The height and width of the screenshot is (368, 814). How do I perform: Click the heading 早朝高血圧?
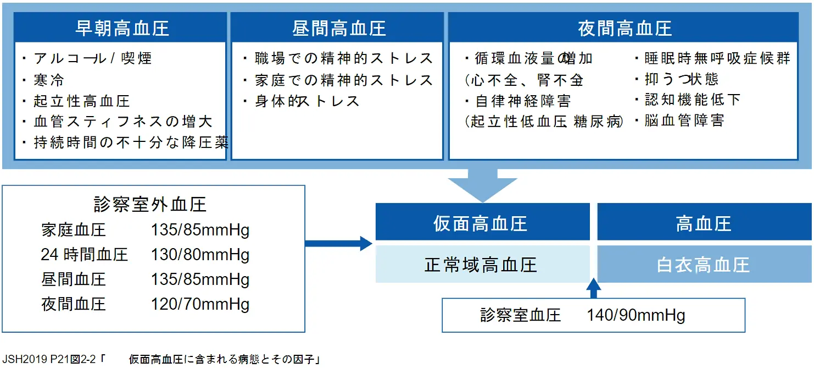click(121, 28)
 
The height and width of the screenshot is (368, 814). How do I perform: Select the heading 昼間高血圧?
click(338, 28)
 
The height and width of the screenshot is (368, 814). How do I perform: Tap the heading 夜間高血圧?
click(625, 28)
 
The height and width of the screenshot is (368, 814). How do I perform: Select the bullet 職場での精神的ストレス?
click(344, 58)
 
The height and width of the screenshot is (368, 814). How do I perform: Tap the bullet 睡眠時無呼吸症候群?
click(717, 58)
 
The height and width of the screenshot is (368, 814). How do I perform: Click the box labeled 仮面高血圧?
click(481, 223)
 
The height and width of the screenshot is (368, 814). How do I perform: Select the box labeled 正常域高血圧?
click(481, 265)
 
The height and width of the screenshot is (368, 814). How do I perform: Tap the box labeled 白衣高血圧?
click(704, 265)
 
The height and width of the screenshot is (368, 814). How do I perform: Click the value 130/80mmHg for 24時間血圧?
click(200, 255)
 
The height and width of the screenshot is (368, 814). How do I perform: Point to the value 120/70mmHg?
click(200, 304)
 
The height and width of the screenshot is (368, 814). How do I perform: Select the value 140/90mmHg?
click(635, 316)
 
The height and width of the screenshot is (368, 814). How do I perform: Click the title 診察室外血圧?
click(150, 205)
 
